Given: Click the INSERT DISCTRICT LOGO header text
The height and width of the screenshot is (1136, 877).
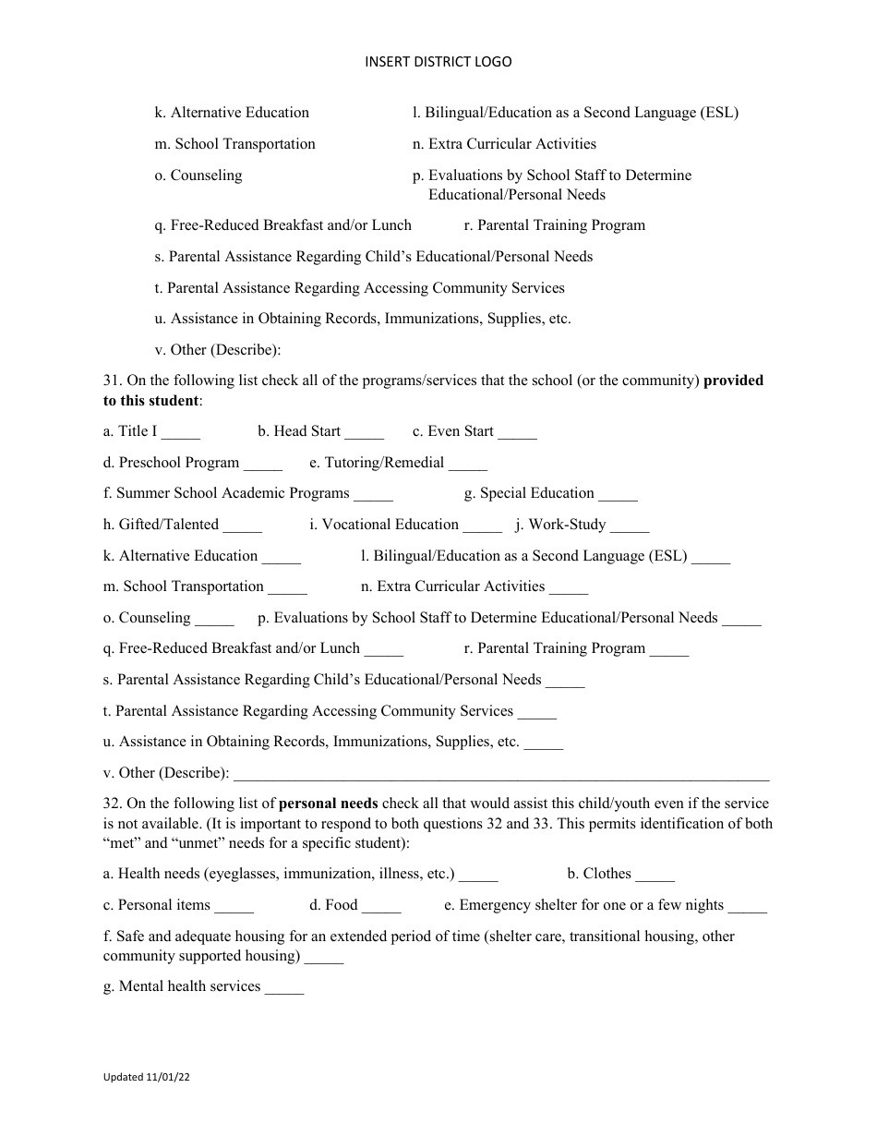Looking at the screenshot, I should point(438,62).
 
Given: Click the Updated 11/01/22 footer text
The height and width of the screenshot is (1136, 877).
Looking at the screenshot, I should point(147,1077).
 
